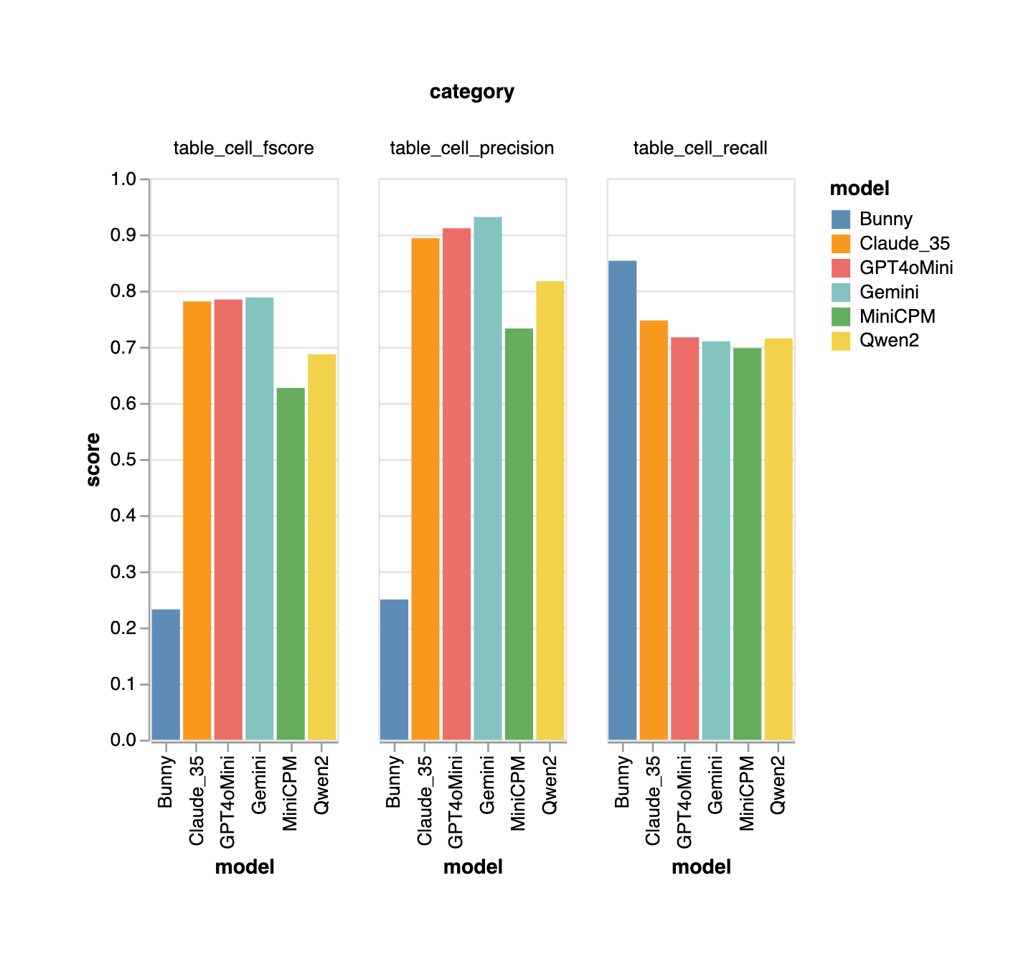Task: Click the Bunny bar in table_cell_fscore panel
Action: pos(166,674)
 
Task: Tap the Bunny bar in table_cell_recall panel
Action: pos(622,500)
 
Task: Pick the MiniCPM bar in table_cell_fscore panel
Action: pos(291,564)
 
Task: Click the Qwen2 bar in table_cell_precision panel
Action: pos(550,510)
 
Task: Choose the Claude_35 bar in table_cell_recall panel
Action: pos(654,530)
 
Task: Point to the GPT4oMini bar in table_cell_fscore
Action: pos(228,519)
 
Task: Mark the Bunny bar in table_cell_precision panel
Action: pos(394,669)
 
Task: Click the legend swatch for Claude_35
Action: pos(840,244)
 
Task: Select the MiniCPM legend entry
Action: pos(897,316)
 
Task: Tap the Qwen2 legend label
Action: pos(889,341)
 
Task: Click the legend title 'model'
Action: pos(859,189)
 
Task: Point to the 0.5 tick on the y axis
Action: pos(123,460)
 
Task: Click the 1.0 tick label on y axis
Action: pos(123,179)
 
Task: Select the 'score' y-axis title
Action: pos(93,460)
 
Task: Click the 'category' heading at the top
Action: pos(471,92)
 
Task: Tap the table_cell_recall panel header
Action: pos(700,148)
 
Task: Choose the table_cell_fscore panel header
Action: pos(243,148)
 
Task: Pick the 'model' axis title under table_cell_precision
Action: pos(473,867)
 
